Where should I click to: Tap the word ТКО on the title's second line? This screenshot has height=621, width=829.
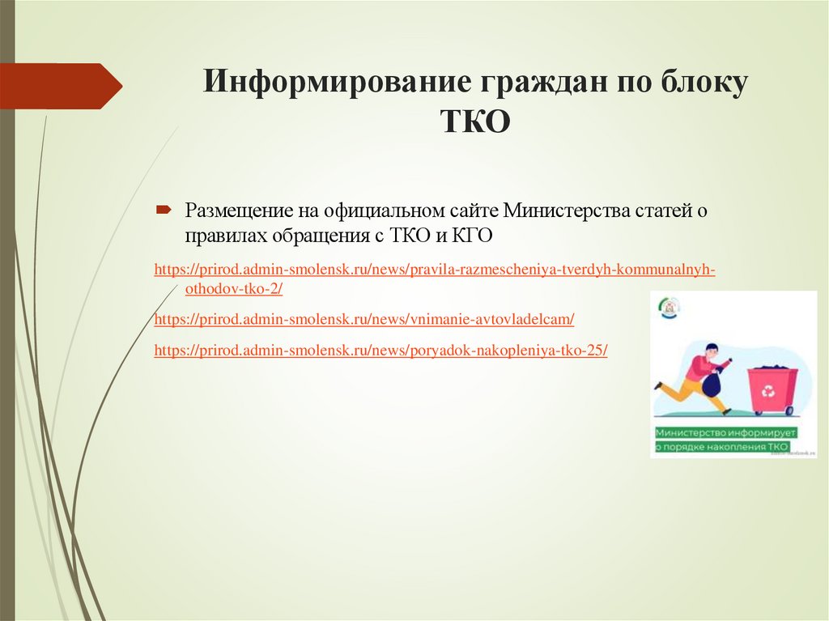475,122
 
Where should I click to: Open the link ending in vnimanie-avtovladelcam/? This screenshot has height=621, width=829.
363,320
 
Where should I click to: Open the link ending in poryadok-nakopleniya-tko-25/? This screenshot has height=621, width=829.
380,351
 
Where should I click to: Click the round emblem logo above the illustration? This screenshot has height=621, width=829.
671,308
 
